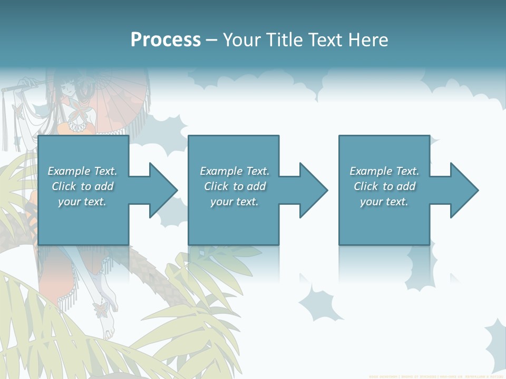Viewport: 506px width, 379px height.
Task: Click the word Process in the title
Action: [x=166, y=39]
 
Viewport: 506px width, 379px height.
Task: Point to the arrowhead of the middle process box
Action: [x=310, y=190]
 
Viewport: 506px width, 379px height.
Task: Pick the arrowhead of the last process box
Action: [x=460, y=190]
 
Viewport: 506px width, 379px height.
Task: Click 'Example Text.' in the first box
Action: [x=82, y=171]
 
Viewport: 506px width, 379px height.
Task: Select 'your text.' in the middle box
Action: [x=234, y=202]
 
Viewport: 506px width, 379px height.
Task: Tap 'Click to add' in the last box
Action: [x=384, y=186]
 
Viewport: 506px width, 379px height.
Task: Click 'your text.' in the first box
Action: [x=82, y=202]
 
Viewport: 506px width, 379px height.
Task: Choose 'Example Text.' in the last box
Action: [x=384, y=171]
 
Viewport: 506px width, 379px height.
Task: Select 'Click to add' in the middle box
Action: [x=234, y=186]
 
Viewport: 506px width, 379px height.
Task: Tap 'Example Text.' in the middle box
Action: [x=234, y=171]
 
